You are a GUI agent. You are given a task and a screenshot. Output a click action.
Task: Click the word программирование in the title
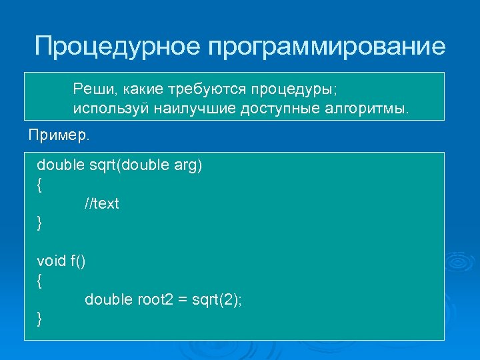327,47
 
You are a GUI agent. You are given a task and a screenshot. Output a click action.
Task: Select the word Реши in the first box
91,89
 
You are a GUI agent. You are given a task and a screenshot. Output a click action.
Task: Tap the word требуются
199,89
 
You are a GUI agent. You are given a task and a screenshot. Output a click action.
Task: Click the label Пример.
58,135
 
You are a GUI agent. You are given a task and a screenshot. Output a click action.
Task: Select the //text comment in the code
101,203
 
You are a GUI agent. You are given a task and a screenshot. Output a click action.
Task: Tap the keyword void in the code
51,261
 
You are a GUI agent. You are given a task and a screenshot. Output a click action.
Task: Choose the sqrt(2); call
217,300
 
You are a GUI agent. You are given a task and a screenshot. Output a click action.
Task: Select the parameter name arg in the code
187,165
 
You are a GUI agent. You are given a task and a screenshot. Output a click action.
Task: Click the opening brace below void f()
40,281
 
